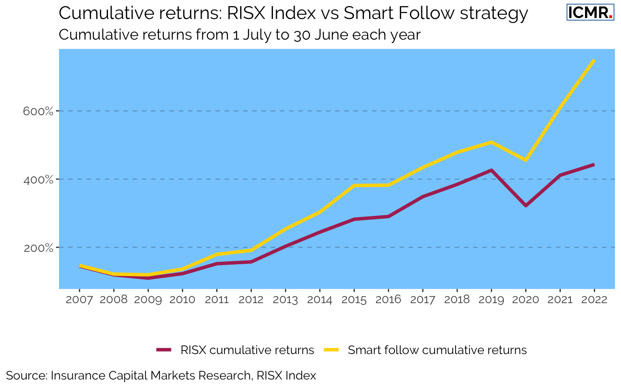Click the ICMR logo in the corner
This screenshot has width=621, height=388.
pyautogui.click(x=590, y=13)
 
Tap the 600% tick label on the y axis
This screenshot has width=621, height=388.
pyautogui.click(x=38, y=111)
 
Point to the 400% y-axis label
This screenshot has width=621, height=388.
pyautogui.click(x=38, y=179)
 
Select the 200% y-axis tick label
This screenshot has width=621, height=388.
pyautogui.click(x=38, y=248)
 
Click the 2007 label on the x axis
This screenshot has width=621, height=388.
pyautogui.click(x=79, y=299)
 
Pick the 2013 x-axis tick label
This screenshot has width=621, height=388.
pyautogui.click(x=285, y=299)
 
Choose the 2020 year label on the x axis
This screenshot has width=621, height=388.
pyautogui.click(x=526, y=299)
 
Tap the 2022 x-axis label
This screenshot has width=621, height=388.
pyautogui.click(x=594, y=299)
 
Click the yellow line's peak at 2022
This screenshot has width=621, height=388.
pyautogui.click(x=594, y=60)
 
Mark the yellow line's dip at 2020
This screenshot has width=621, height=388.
pyautogui.click(x=526, y=160)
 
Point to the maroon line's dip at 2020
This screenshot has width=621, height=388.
pyautogui.click(x=526, y=206)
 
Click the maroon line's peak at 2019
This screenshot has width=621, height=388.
pyautogui.click(x=491, y=170)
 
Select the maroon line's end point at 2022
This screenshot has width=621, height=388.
pyautogui.click(x=594, y=164)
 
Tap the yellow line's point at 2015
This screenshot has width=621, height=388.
pyautogui.click(x=354, y=186)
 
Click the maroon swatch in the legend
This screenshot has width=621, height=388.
pyautogui.click(x=164, y=350)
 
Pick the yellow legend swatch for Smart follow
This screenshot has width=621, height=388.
pyautogui.click(x=332, y=350)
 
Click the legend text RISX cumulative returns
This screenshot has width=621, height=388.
pyautogui.click(x=247, y=350)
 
